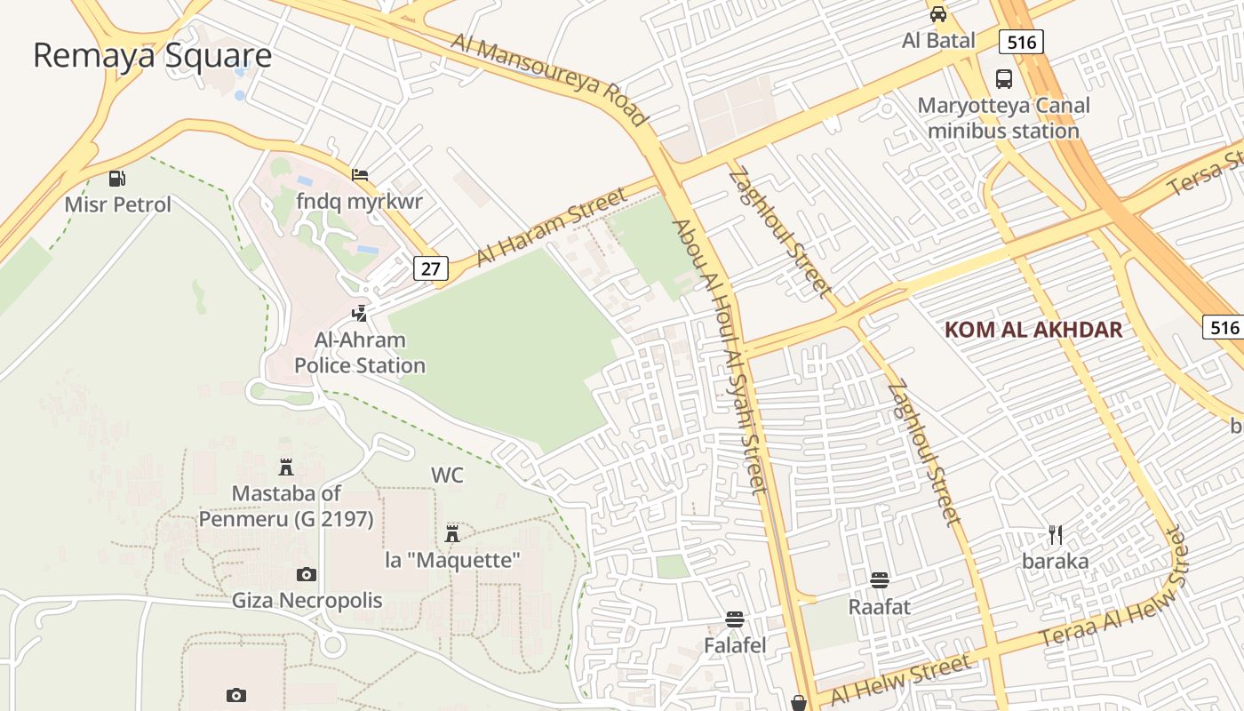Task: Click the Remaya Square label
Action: tap(152, 55)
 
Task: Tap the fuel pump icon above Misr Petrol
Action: tap(117, 179)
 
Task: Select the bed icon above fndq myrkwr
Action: tap(360, 175)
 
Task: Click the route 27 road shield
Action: tap(430, 268)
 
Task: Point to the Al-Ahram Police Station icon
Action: tap(360, 313)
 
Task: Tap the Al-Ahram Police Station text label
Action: tap(360, 353)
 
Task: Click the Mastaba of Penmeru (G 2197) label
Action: tap(286, 506)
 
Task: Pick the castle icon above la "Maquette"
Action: tap(452, 533)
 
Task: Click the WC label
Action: tap(447, 475)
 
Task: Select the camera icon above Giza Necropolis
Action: tap(307, 574)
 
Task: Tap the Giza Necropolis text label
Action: tap(307, 600)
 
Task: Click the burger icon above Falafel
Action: tap(735, 619)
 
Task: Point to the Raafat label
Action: tap(880, 607)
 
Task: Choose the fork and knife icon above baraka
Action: tap(1056, 535)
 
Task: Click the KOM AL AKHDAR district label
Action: tap(1033, 330)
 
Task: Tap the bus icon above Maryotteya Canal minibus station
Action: tap(1004, 79)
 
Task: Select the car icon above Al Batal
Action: tap(938, 14)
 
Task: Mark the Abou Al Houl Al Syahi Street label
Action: tap(720, 355)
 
